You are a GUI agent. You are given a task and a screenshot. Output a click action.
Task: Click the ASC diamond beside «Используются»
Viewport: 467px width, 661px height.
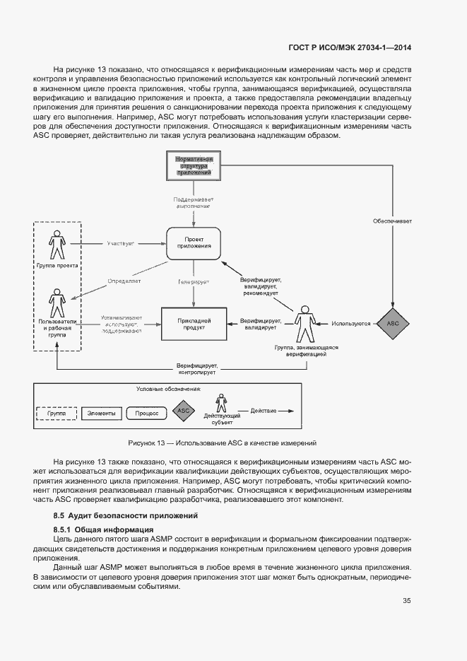[x=393, y=323]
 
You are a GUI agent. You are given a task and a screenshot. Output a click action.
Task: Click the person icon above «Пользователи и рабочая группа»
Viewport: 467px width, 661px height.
[x=57, y=303]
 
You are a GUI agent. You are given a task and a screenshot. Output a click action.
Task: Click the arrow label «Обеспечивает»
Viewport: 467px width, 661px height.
[x=393, y=221]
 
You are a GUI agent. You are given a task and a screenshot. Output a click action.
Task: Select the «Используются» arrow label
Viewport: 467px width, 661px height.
[x=352, y=324]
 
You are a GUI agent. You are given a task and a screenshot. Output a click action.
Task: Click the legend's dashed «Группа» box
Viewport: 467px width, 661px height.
[x=57, y=413]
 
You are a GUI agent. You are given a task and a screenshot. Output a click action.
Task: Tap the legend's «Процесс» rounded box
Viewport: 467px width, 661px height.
[x=146, y=413]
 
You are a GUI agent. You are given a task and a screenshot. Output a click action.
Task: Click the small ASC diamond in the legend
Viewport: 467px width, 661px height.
[x=183, y=411]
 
